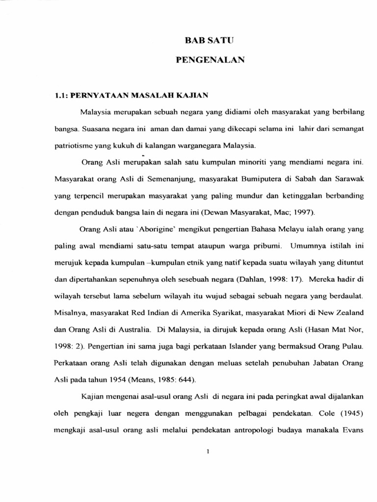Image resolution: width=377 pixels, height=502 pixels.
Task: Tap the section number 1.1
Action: pyautogui.click(x=60, y=95)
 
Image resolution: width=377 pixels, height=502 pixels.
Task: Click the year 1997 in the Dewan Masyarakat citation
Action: pyautogui.click(x=302, y=212)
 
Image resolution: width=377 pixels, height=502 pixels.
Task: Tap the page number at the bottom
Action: pyautogui.click(x=209, y=452)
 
